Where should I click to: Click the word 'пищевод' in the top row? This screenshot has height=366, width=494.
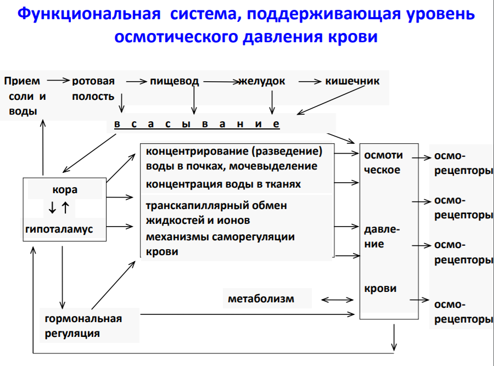(x=174, y=81)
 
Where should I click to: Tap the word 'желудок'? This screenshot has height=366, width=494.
(x=262, y=81)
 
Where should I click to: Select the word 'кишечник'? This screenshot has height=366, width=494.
(x=352, y=81)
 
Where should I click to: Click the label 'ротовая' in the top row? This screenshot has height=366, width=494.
(x=93, y=81)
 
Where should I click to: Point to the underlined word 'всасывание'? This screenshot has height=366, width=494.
(x=197, y=124)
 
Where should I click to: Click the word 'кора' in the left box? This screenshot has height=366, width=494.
(x=65, y=190)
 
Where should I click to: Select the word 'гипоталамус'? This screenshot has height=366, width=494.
(x=59, y=229)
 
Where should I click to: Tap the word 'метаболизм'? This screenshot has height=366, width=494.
(x=261, y=299)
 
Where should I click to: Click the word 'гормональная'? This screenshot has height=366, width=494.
(x=83, y=319)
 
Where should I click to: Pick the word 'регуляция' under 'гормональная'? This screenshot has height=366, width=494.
(x=72, y=333)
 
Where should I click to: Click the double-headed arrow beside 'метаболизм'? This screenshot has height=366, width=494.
(x=338, y=300)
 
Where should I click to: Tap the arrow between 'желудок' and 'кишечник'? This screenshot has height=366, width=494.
(x=310, y=81)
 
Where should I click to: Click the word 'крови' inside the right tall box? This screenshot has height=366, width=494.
(x=380, y=289)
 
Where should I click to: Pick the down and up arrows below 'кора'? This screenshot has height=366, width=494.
(x=59, y=208)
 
